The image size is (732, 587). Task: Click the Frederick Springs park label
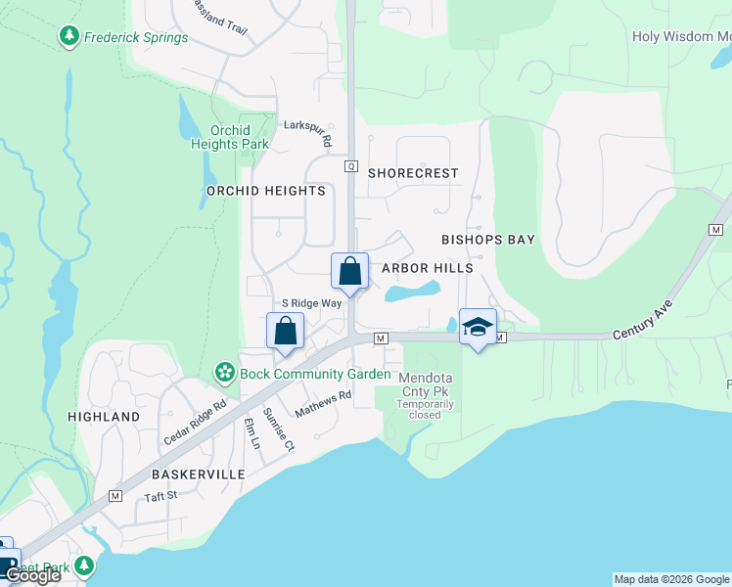pyautogui.click(x=136, y=38)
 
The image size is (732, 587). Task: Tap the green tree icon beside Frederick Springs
pyautogui.click(x=69, y=37)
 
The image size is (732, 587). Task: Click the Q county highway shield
pyautogui.click(x=350, y=166)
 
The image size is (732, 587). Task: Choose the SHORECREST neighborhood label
pyautogui.click(x=413, y=173)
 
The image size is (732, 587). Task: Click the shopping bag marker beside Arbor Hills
pyautogui.click(x=350, y=271)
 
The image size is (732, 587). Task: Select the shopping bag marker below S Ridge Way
pyautogui.click(x=285, y=331)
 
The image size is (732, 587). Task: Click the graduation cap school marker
pyautogui.click(x=478, y=327)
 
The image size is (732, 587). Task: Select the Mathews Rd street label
pyautogui.click(x=323, y=404)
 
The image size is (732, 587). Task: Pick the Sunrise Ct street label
pyautogui.click(x=279, y=429)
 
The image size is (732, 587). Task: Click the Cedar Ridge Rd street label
pyautogui.click(x=195, y=423)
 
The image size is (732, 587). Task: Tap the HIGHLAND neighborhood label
pyautogui.click(x=104, y=417)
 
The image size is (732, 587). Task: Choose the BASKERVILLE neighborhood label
pyautogui.click(x=197, y=474)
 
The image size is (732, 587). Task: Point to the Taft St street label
pyautogui.click(x=160, y=496)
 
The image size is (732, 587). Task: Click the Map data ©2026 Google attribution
pyautogui.click(x=671, y=579)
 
